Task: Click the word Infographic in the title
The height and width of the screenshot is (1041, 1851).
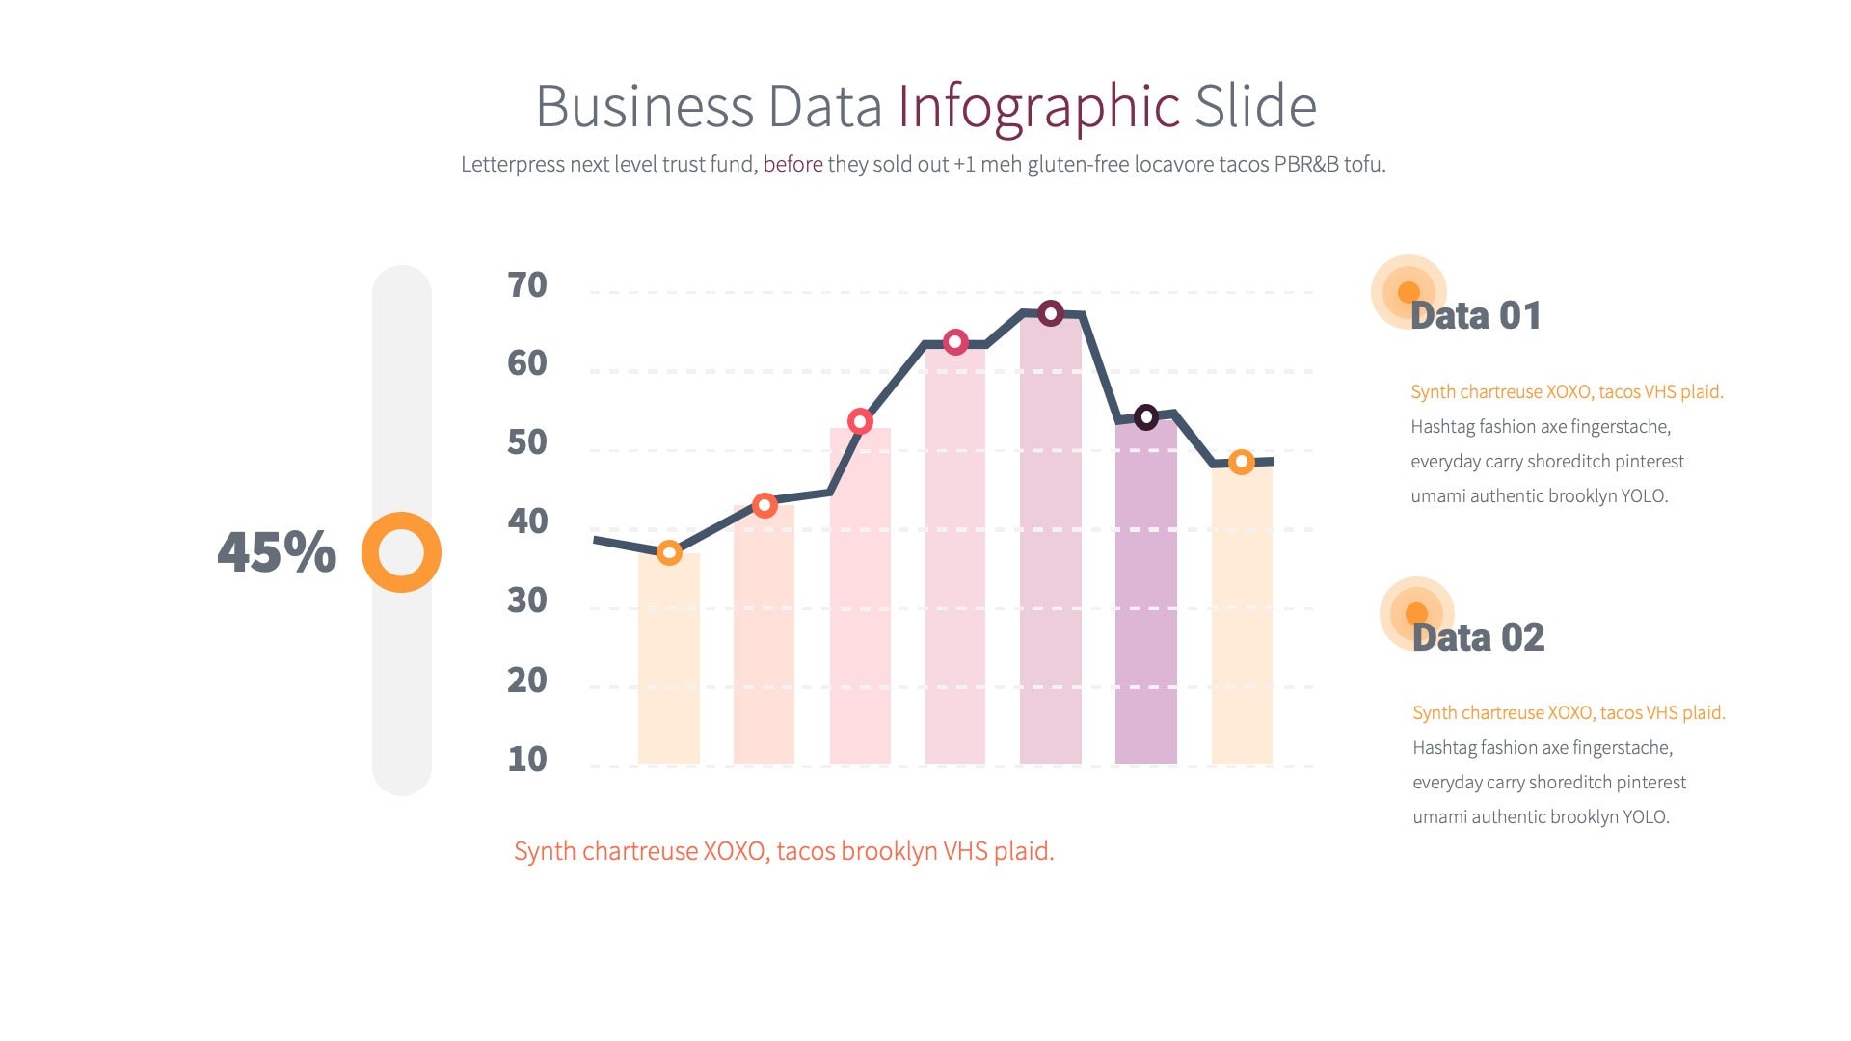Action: pyautogui.click(x=1038, y=106)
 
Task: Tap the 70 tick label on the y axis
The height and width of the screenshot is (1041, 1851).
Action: pyautogui.click(x=527, y=285)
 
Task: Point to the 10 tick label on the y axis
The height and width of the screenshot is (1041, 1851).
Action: pyautogui.click(x=527, y=760)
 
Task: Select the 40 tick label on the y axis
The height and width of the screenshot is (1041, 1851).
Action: pyautogui.click(x=527, y=521)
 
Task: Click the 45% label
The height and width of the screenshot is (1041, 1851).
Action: pyautogui.click(x=277, y=552)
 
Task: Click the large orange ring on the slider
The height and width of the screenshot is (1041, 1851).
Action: pyautogui.click(x=401, y=552)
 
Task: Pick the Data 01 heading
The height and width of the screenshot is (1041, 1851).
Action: pyautogui.click(x=1475, y=316)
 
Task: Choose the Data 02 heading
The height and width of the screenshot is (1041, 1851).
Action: pyautogui.click(x=1478, y=637)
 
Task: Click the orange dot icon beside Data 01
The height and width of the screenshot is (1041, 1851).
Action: pyautogui.click(x=1408, y=291)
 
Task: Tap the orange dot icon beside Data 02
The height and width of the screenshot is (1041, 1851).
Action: pyautogui.click(x=1416, y=613)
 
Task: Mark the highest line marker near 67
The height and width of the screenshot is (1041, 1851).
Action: pyautogui.click(x=1051, y=313)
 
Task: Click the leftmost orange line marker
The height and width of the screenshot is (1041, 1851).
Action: pyautogui.click(x=669, y=552)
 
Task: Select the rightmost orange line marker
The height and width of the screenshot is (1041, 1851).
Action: pyautogui.click(x=1242, y=462)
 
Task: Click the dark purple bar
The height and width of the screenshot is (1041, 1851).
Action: pyautogui.click(x=1146, y=598)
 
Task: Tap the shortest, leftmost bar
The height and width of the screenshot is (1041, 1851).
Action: pyautogui.click(x=669, y=665)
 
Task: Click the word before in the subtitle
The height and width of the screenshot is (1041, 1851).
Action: pyautogui.click(x=792, y=164)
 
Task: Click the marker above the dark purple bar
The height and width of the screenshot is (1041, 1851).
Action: pyautogui.click(x=1146, y=417)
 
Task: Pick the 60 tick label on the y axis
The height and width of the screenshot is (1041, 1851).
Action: pyautogui.click(x=527, y=363)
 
